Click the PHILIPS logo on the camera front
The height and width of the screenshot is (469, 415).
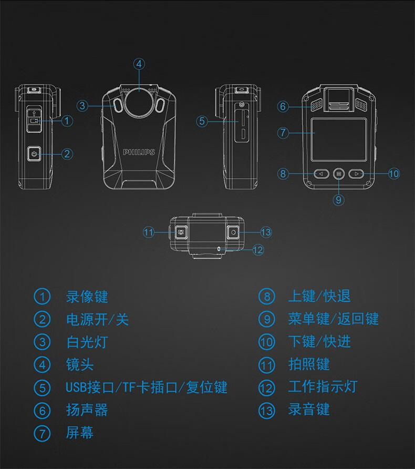pyautogui.click(x=139, y=152)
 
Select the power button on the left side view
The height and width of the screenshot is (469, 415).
pyautogui.click(x=34, y=154)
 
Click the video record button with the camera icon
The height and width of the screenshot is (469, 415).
pyautogui.click(x=34, y=120)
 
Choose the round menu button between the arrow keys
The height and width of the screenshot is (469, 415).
pyautogui.click(x=338, y=174)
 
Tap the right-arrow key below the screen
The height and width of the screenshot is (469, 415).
pyautogui.click(x=356, y=174)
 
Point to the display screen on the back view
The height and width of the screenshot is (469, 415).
pyautogui.click(x=339, y=139)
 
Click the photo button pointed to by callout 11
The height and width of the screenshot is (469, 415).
pyautogui.click(x=181, y=232)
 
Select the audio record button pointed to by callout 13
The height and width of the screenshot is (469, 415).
pyautogui.click(x=233, y=232)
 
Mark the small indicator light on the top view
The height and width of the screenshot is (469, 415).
pyautogui.click(x=219, y=249)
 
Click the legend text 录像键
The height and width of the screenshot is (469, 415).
pyautogui.click(x=87, y=297)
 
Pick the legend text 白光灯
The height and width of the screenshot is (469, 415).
pyautogui.click(x=87, y=342)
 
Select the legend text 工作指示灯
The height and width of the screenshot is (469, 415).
pyautogui.click(x=323, y=387)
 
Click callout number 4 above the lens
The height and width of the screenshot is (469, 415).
pyautogui.click(x=139, y=64)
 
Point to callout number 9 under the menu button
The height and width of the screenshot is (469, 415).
pyautogui.click(x=338, y=200)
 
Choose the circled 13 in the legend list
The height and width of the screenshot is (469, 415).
pyautogui.click(x=266, y=410)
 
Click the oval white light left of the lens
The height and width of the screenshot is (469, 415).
pyautogui.click(x=118, y=106)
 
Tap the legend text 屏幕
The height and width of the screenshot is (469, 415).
pyautogui.click(x=80, y=433)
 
